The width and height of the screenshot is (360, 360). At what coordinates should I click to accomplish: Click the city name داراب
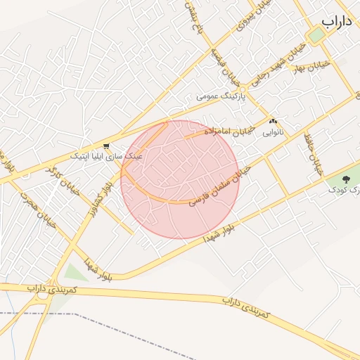(336, 22)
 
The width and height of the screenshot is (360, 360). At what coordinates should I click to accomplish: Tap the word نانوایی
(273, 131)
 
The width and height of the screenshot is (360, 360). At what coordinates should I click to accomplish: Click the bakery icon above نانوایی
(273, 121)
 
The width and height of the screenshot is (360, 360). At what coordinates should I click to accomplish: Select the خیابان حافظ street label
(314, 155)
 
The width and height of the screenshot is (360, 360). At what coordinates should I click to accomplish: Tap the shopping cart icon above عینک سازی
(106, 147)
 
